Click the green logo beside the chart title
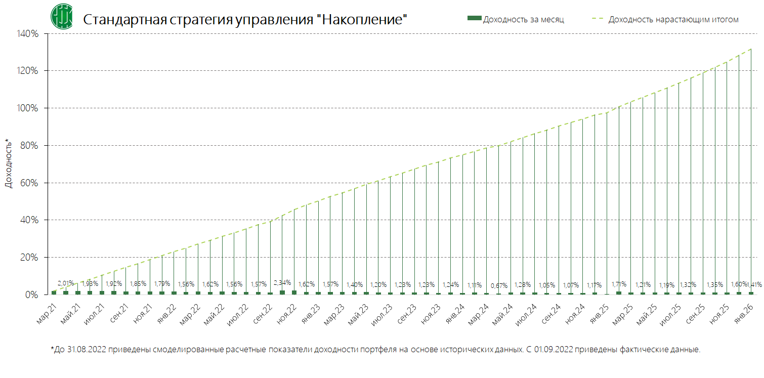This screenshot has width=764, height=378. [x=61, y=16]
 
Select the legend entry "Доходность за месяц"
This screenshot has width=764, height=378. [x=516, y=19]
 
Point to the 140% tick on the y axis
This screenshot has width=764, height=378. [x=28, y=34]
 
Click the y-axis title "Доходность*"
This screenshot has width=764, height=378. [x=8, y=163]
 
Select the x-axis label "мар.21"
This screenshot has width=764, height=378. [x=47, y=312]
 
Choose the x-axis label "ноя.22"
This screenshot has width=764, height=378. [x=288, y=312]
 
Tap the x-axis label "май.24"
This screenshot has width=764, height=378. [x=504, y=312]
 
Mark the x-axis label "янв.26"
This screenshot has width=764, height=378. [x=745, y=312]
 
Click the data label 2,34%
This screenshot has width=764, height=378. [x=282, y=282]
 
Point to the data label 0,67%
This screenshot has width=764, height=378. [x=499, y=285]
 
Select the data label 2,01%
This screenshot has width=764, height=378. [x=66, y=283]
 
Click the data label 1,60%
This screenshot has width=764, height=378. [x=739, y=284]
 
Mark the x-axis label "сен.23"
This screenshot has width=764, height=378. [x=408, y=312]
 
